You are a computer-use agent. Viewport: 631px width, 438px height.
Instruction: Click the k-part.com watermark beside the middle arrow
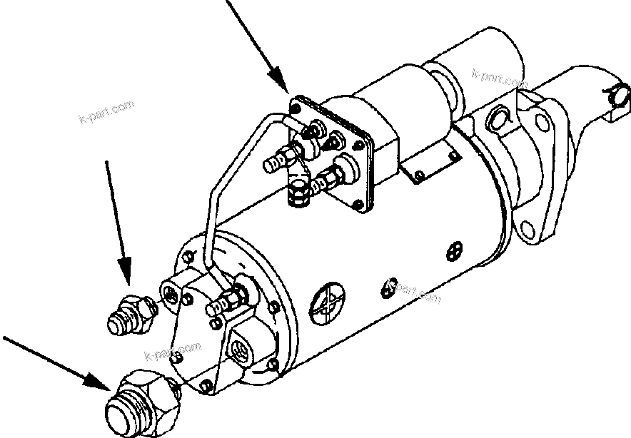pyautogui.click(x=106, y=113)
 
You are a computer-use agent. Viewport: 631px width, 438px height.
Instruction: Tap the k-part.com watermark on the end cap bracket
pyautogui.click(x=172, y=352)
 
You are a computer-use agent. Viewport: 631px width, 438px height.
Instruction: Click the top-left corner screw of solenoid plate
pyautogui.click(x=294, y=108)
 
